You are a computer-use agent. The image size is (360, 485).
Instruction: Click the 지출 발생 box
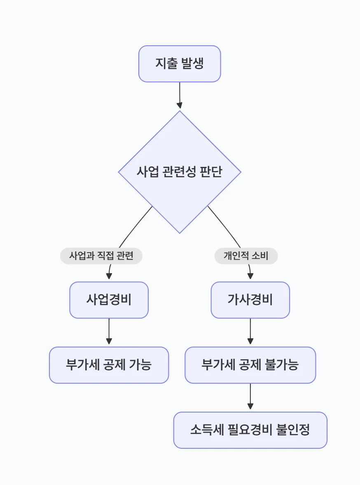click(x=180, y=64)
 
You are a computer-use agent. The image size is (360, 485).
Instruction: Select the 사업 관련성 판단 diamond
click(x=180, y=172)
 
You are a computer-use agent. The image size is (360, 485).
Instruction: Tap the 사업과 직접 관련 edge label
click(x=101, y=256)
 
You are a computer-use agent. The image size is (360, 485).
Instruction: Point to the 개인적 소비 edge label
click(x=246, y=256)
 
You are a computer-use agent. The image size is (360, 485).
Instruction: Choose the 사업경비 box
click(x=109, y=300)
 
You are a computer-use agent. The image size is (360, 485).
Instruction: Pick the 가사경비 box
click(x=250, y=300)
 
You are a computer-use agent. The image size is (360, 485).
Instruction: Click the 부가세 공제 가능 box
click(x=109, y=365)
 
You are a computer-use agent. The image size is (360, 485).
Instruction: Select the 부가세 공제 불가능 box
click(x=250, y=365)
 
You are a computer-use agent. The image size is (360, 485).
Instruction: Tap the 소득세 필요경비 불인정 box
click(x=250, y=430)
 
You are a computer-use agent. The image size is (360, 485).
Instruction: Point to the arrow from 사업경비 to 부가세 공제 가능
click(x=109, y=332)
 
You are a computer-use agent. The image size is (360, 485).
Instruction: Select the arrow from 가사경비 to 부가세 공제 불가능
click(x=250, y=332)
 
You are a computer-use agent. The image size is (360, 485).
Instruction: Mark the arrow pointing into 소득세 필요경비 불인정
click(x=250, y=397)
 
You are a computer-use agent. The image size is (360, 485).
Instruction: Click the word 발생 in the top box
click(x=192, y=64)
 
